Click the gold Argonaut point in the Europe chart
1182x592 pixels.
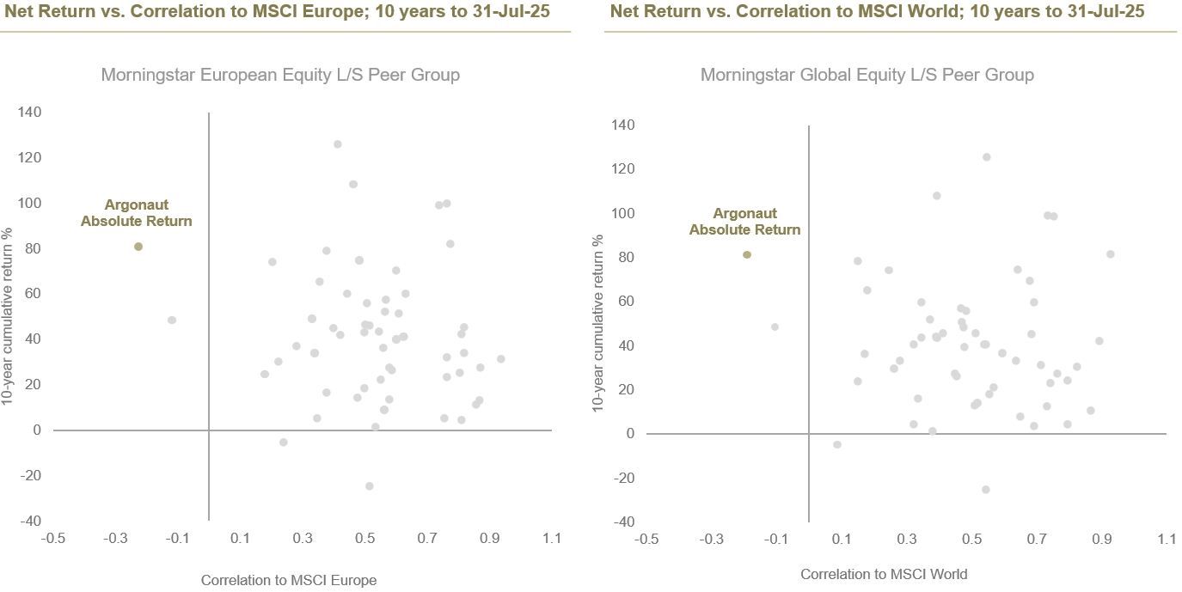[138, 247]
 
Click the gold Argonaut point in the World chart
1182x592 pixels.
[747, 254]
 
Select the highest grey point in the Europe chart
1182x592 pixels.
[337, 143]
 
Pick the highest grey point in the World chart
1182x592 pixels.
[986, 157]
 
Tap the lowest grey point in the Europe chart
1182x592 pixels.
[370, 485]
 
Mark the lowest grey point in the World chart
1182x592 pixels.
[985, 490]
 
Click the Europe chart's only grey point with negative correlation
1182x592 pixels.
[172, 320]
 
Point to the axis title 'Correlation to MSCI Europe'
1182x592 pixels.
[289, 580]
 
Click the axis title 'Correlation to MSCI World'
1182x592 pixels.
[884, 574]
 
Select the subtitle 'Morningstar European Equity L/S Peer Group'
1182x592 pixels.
[280, 75]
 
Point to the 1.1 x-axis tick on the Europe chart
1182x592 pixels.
[551, 539]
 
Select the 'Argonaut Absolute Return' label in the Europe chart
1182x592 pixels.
[137, 213]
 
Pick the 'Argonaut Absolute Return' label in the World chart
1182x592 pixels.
[744, 222]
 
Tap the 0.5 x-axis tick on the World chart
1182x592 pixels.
[971, 539]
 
